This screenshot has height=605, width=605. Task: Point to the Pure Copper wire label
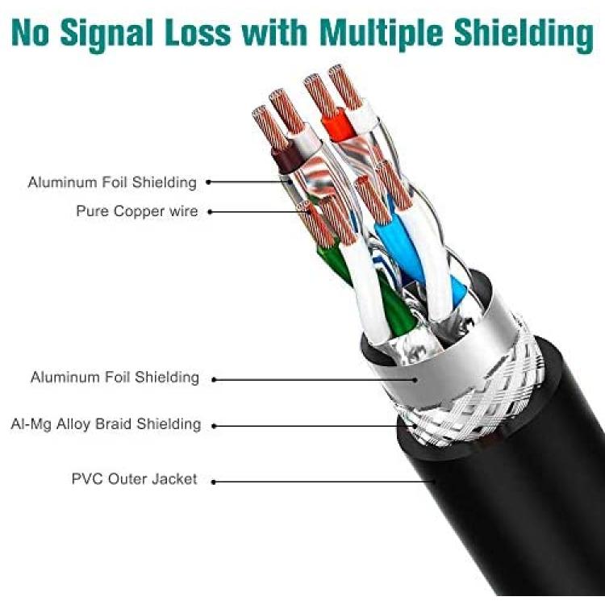click(x=137, y=211)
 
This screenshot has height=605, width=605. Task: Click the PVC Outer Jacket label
click(x=134, y=479)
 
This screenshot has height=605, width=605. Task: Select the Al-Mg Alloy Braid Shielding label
click(x=106, y=424)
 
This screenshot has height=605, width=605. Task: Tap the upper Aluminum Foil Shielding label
click(x=112, y=182)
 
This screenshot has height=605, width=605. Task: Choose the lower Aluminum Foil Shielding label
click(x=115, y=377)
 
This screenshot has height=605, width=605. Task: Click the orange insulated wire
click(x=337, y=125)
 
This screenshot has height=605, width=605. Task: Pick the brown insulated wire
click(x=286, y=158)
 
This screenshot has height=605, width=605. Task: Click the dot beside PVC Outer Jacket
click(x=214, y=482)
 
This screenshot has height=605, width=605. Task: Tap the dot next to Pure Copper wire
click(x=211, y=212)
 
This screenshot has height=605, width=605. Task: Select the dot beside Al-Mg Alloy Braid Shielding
click(x=214, y=426)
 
